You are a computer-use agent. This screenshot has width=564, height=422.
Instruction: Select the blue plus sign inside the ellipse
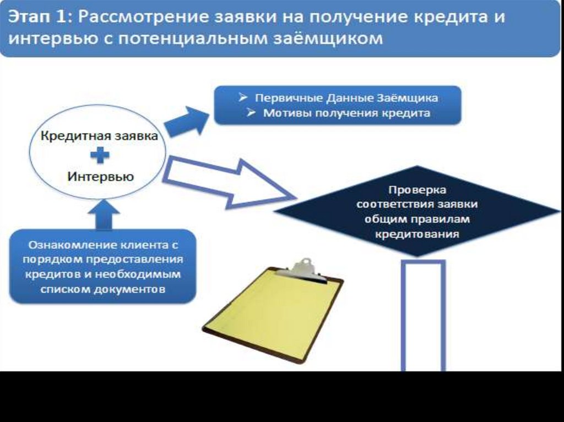click(x=100, y=156)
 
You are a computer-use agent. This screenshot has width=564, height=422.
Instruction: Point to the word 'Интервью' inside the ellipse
click(x=100, y=177)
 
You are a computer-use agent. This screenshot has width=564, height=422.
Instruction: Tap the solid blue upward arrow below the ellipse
click(x=103, y=217)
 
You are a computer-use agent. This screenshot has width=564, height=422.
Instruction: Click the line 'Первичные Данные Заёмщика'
click(x=346, y=98)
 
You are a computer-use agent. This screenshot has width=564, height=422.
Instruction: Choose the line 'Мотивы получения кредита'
click(x=346, y=113)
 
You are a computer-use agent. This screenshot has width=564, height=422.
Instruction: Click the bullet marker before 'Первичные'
click(x=243, y=97)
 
